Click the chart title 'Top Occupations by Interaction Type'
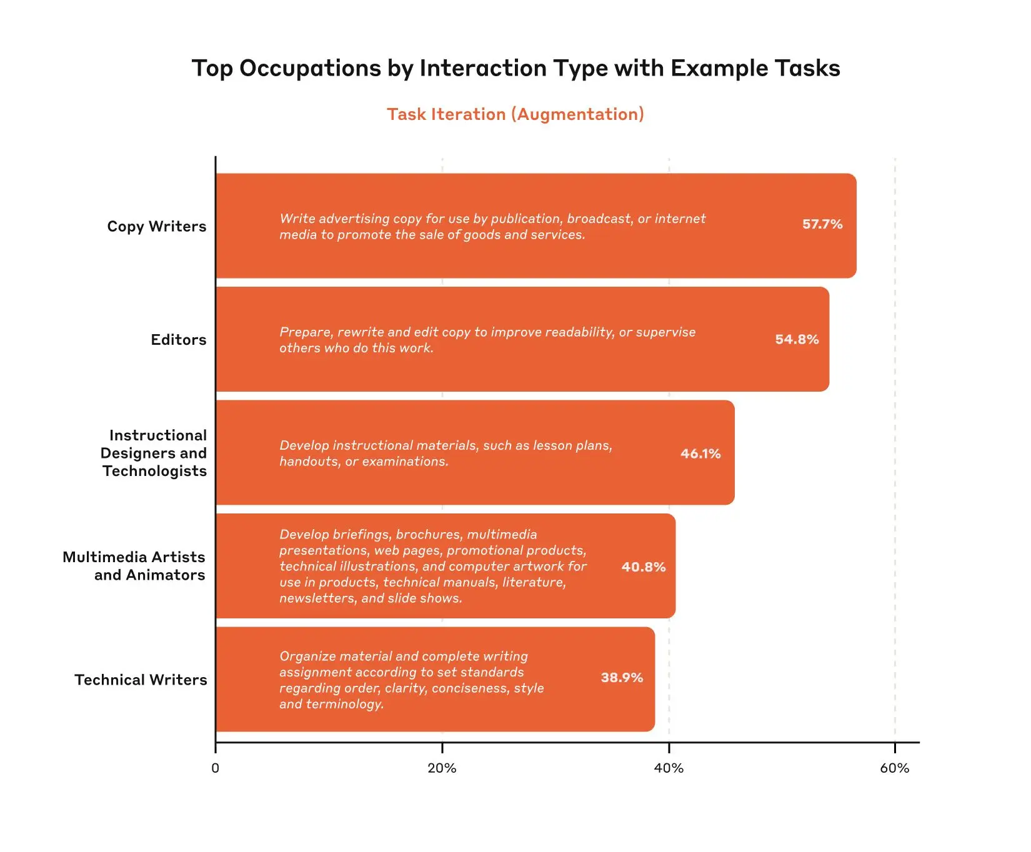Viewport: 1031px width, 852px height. [515, 68]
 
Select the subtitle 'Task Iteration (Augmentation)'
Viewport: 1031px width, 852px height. [515, 114]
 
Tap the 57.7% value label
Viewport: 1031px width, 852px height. [822, 224]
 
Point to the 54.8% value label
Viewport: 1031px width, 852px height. [797, 339]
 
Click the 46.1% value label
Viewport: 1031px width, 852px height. [700, 453]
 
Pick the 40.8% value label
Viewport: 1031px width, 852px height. [644, 567]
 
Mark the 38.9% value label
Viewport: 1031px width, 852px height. [622, 678]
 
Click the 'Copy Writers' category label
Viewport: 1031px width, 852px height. [156, 226]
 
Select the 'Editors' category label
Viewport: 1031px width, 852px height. [178, 340]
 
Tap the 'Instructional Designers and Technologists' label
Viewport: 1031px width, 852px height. [154, 453]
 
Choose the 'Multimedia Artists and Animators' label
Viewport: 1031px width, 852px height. [134, 566]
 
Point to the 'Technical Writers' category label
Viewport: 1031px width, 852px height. [141, 680]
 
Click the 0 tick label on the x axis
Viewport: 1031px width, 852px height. [216, 768]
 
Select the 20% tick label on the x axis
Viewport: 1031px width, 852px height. [442, 768]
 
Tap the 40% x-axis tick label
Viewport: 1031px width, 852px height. [669, 768]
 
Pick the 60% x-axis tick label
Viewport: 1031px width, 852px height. [895, 768]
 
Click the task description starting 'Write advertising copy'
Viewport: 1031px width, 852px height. [492, 227]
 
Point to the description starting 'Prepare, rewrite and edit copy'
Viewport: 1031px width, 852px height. [487, 340]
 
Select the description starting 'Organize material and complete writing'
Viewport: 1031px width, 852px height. [411, 680]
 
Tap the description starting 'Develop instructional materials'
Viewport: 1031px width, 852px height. [446, 453]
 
